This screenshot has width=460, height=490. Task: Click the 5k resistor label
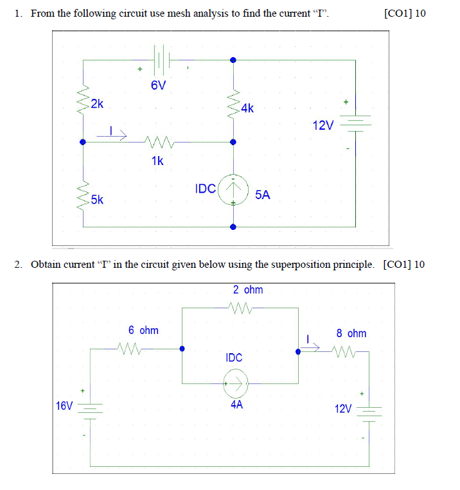[98, 200]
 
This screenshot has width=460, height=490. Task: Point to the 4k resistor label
[247, 109]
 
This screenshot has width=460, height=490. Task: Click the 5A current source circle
[233, 190]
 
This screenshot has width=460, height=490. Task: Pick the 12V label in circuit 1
[324, 125]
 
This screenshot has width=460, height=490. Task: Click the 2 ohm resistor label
[247, 290]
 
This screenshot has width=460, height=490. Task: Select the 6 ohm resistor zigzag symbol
[132, 349]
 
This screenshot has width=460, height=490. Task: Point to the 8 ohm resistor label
[351, 333]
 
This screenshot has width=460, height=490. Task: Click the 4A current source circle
[235, 385]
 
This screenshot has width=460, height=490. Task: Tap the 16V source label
[64, 406]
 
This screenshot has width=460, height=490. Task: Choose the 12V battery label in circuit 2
[343, 408]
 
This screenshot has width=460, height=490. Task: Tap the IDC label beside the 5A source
[205, 189]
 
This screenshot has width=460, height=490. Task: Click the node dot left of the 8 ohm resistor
[297, 351]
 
